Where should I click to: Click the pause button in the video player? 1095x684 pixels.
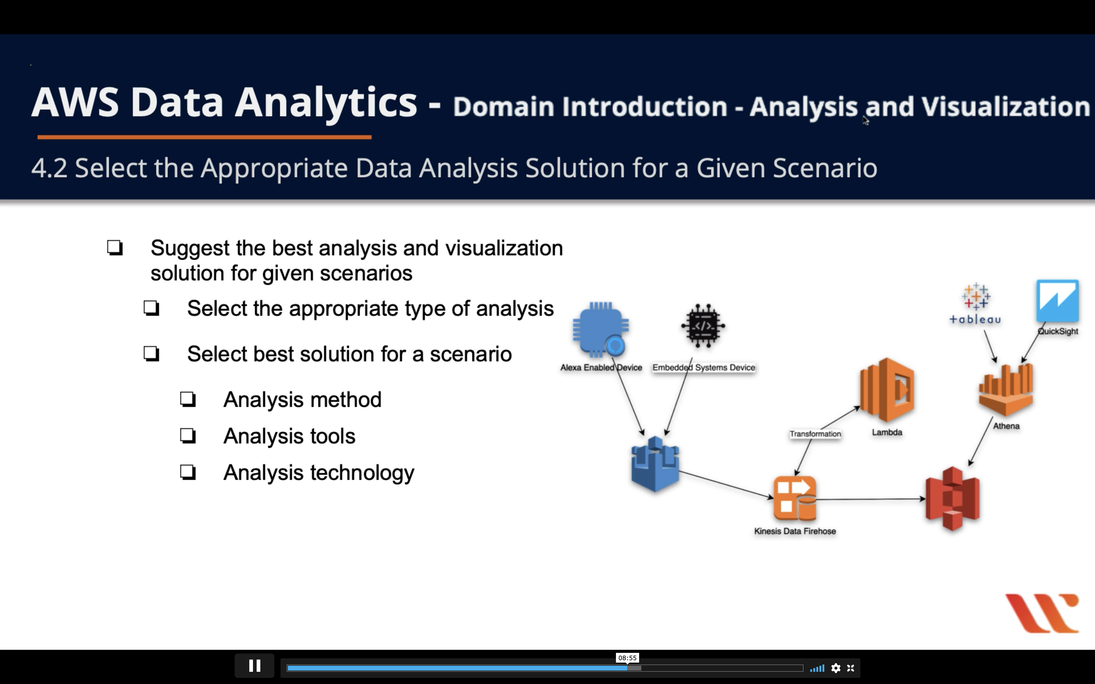[x=254, y=666]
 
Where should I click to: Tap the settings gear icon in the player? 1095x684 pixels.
[x=836, y=668]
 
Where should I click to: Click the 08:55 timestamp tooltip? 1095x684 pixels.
[x=627, y=658]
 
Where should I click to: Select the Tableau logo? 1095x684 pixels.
[x=975, y=304]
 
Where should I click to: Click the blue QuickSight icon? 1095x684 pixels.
[x=1057, y=301]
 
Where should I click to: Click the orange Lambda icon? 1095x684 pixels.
[x=887, y=390]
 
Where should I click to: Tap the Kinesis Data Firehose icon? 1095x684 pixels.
[x=795, y=499]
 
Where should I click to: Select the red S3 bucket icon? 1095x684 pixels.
[x=952, y=499]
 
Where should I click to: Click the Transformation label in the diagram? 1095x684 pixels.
[x=815, y=434]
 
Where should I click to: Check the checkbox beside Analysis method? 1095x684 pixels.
[x=188, y=399]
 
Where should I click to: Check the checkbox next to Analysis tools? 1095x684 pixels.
[x=188, y=436]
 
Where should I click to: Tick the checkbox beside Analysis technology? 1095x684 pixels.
[x=188, y=472]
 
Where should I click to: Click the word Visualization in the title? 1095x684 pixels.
[x=1005, y=107]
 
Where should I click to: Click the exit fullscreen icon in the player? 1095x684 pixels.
[x=851, y=668]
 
